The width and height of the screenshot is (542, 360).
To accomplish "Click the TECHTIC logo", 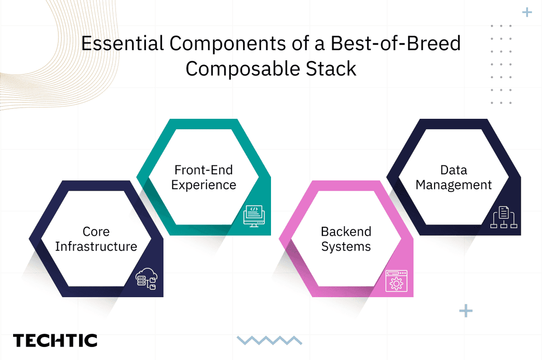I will point(55,341).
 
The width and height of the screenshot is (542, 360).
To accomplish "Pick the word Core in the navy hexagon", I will point(96,232).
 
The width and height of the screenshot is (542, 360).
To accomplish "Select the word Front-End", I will point(203,170).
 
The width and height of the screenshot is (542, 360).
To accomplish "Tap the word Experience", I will point(204,185).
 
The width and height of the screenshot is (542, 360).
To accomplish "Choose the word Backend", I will point(346,232).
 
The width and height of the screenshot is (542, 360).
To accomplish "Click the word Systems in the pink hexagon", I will point(346,247).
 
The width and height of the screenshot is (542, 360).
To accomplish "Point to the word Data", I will point(453,170).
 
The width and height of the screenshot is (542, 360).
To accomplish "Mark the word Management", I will point(453,185).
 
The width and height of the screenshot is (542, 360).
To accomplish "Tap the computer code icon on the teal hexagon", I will point(254,215).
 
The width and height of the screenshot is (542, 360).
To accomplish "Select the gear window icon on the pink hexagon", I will point(396,281).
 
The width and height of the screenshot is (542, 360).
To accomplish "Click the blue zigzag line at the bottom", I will point(269,340).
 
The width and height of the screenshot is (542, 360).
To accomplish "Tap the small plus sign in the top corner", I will point(527,12).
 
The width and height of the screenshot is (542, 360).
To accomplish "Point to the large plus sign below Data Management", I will point(465,311).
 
